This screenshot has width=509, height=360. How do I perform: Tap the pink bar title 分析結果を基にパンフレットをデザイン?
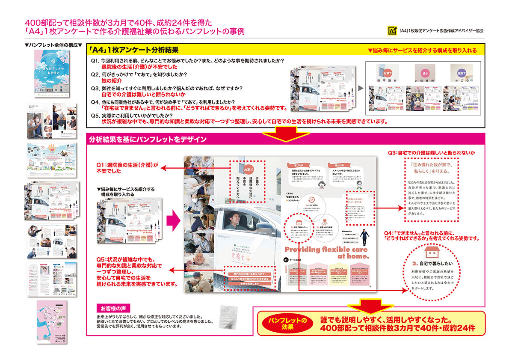tap(148, 139)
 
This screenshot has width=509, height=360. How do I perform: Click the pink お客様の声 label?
tap(113, 308)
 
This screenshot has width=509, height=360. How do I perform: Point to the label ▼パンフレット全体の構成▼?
tap(53, 45)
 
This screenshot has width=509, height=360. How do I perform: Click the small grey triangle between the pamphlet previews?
tap(360, 89)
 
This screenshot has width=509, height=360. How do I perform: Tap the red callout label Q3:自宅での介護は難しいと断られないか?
tap(431, 152)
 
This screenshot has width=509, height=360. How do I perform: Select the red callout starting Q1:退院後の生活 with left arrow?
tap(127, 167)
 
